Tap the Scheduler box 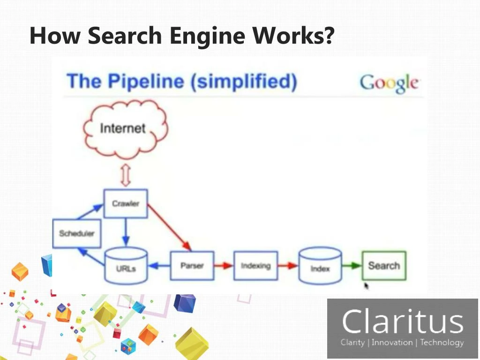(76, 233)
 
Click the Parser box (192, 265)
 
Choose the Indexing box (255, 265)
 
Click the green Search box (384, 265)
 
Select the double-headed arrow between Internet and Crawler (126, 175)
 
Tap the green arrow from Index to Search (352, 265)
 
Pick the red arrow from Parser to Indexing (224, 265)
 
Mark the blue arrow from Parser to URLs (159, 265)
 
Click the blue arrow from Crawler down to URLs (126, 232)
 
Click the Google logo (389, 83)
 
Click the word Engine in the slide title (208, 36)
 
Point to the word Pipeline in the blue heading (146, 82)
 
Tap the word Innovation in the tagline (392, 342)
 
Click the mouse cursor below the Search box (367, 286)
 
